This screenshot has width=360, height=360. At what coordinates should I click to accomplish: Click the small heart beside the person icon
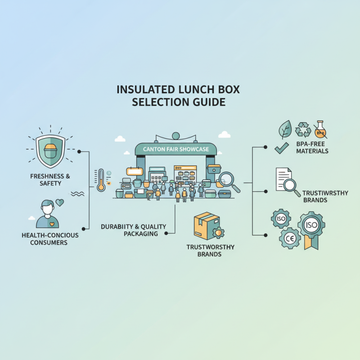point(59,203)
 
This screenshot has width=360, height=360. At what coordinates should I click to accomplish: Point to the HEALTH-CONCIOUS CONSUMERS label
point(50,239)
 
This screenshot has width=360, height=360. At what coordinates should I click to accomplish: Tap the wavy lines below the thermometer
point(77,194)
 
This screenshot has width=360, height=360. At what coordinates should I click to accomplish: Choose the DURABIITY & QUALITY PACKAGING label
point(134,230)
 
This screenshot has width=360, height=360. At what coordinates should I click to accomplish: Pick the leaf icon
point(285,130)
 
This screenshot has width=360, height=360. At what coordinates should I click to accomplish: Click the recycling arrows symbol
point(303,130)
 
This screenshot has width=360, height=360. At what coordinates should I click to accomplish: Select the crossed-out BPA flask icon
point(320,129)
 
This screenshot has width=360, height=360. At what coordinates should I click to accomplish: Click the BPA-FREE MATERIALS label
point(312,148)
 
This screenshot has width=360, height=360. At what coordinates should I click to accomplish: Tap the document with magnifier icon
point(287,181)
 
